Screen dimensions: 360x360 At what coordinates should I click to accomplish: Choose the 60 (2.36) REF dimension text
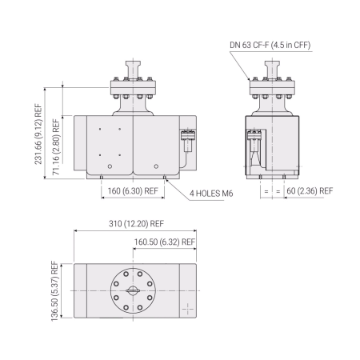pos(309,192)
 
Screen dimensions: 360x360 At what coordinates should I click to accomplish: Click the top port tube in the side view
pos(271,67)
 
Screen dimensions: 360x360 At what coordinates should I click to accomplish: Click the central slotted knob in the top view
pos(134,290)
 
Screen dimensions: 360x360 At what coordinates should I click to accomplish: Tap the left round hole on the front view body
pos(110,166)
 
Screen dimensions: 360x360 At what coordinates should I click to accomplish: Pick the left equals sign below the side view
pos(263,192)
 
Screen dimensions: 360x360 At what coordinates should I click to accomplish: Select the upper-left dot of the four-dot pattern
pos(100,129)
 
